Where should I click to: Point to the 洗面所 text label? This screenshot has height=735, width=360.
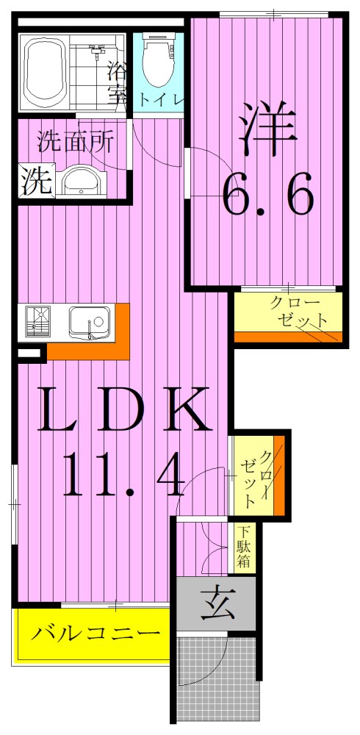tap(76, 140)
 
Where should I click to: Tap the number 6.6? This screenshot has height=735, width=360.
tap(268, 194)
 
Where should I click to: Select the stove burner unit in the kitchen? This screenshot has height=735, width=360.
tap(37, 321)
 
